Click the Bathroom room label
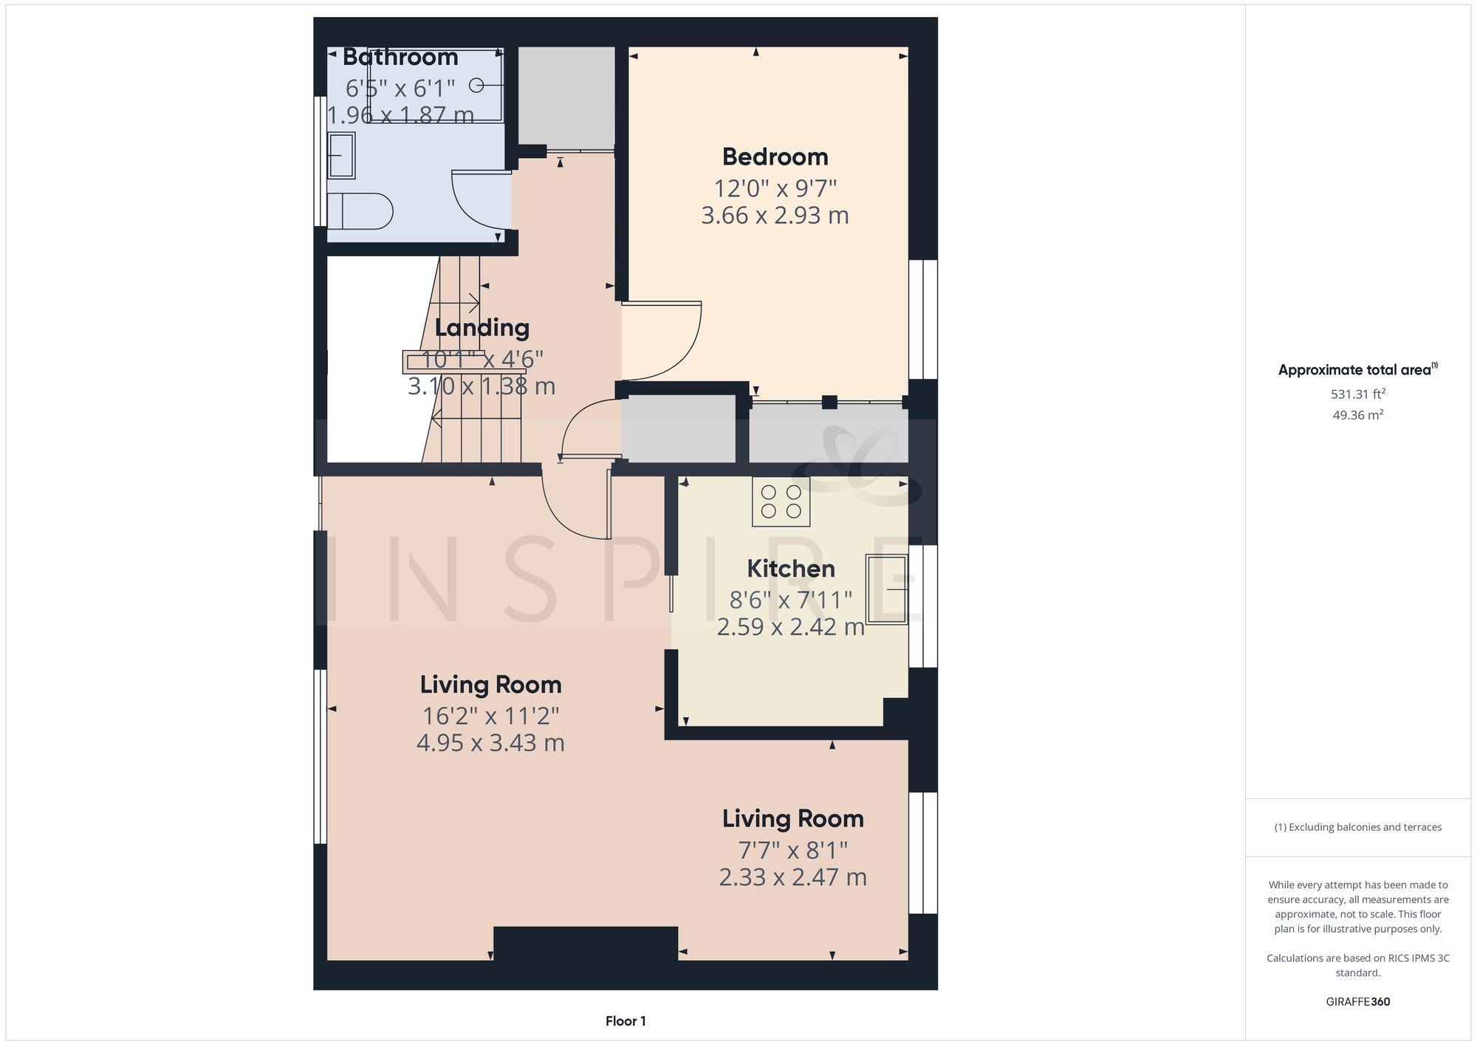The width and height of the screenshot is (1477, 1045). [x=400, y=57]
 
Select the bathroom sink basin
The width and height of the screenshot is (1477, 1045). [x=341, y=155]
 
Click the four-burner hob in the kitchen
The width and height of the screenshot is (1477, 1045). [x=781, y=501]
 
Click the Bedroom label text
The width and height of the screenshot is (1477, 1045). [x=775, y=157]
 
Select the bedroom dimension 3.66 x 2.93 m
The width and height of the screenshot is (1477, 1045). [x=775, y=216]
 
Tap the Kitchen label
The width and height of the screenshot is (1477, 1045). [x=790, y=569]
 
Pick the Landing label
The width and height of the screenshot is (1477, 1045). [x=482, y=328]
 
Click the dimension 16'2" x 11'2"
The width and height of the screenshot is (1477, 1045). [x=490, y=716]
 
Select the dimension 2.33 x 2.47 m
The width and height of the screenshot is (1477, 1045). [x=792, y=877]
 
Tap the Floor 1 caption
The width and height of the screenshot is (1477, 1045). [x=626, y=1021]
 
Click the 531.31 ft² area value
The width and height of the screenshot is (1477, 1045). [x=1357, y=394]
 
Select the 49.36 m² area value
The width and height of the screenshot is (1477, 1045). [x=1357, y=415]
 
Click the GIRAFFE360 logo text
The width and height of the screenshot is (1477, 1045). [x=1357, y=1002]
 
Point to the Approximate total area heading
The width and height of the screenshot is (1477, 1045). [x=1356, y=370]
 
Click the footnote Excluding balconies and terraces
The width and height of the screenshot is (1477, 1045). [x=1357, y=827]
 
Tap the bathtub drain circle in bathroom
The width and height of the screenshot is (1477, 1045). [x=476, y=86]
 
